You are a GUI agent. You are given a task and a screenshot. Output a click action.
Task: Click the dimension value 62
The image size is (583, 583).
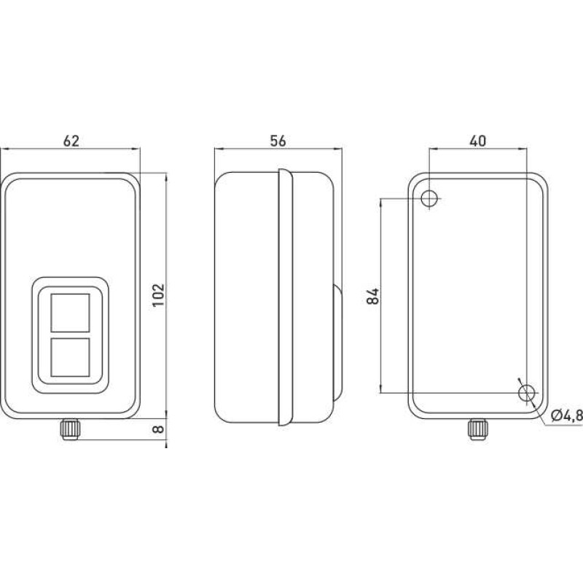pyautogui.click(x=71, y=141)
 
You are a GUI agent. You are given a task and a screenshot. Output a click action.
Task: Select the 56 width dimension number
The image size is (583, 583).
pyautogui.click(x=278, y=141)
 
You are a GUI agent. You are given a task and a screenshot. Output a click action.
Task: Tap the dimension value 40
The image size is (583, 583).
pyautogui.click(x=478, y=141)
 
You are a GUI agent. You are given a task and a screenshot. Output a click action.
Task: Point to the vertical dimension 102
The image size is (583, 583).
pyautogui.click(x=159, y=295)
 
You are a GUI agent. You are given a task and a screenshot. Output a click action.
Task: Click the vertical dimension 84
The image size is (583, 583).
pyautogui.click(x=373, y=296)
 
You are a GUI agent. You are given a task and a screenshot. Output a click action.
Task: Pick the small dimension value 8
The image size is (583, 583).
pyautogui.click(x=158, y=429)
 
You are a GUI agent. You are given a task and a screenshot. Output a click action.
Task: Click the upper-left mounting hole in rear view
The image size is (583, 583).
pyautogui.click(x=429, y=198)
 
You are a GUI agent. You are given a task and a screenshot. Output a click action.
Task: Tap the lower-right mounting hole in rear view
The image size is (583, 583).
pyautogui.click(x=526, y=393)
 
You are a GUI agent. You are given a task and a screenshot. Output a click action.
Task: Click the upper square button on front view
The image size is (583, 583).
pyautogui.click(x=70, y=313)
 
